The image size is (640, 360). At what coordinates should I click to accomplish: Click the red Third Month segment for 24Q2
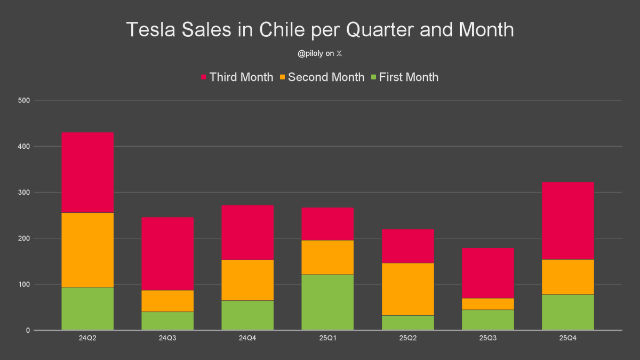[87, 172]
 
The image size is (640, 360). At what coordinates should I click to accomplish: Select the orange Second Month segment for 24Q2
[87, 250]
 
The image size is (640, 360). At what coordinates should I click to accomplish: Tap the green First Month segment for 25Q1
[327, 302]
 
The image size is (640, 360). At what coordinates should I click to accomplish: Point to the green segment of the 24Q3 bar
[167, 321]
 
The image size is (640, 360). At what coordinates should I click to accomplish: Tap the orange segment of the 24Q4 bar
[247, 280]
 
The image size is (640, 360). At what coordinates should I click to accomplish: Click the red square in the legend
[204, 77]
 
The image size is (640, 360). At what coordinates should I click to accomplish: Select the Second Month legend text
[326, 77]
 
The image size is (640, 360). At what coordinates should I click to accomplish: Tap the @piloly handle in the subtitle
[313, 53]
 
